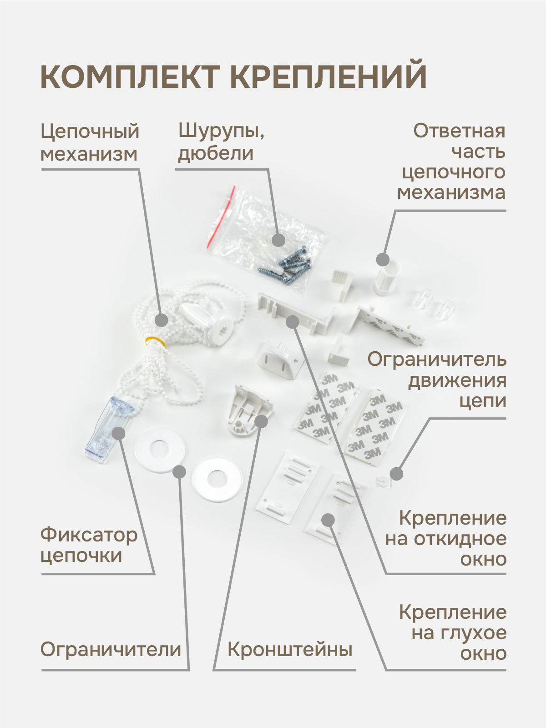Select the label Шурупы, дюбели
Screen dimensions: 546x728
(x=221, y=142)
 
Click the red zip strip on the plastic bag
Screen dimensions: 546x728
(x=221, y=217)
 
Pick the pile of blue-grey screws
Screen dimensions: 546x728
(x=285, y=265)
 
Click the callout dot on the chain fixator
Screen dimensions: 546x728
(x=118, y=433)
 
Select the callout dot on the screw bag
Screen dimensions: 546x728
(x=278, y=240)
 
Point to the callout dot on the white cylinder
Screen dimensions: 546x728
(x=383, y=259)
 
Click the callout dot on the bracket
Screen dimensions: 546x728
(x=261, y=421)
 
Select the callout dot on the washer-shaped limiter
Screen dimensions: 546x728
(x=179, y=472)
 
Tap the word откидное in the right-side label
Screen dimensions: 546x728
(x=467, y=539)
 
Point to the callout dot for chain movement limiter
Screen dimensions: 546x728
(x=396, y=474)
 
